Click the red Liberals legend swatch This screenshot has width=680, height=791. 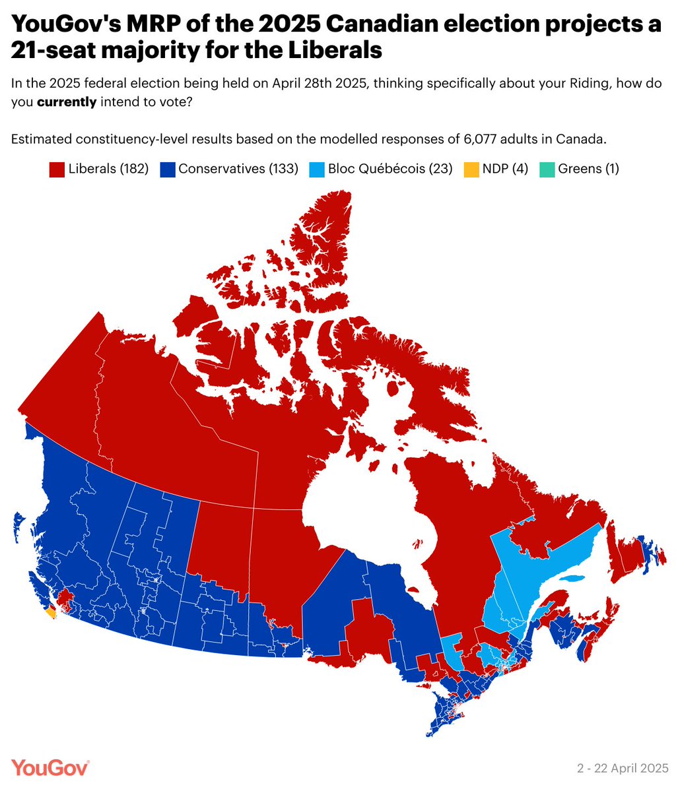click(x=57, y=169)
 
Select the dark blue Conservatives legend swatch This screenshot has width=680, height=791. click(x=167, y=169)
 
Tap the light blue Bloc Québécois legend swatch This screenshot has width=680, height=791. click(x=317, y=169)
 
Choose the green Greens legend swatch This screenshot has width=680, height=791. click(x=548, y=169)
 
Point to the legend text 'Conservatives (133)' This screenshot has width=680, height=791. click(x=238, y=169)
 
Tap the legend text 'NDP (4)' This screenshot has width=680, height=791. click(x=505, y=169)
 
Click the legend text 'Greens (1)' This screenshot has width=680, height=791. click(x=588, y=169)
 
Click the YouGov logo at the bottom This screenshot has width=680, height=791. click(x=50, y=768)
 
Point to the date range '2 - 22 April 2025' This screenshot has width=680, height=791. click(x=623, y=769)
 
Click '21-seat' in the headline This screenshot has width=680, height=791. click(x=57, y=50)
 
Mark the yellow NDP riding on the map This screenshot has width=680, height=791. click(x=51, y=613)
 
